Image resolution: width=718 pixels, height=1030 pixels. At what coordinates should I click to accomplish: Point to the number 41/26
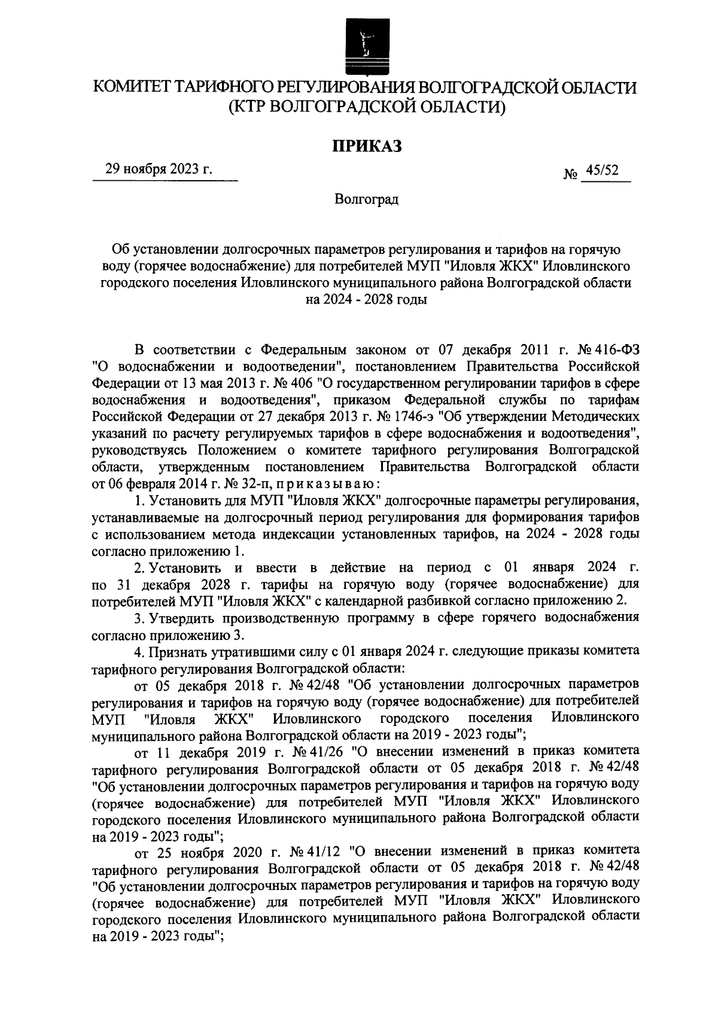click(x=323, y=751)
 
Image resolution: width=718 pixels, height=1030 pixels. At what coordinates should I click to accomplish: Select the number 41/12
click(x=323, y=850)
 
